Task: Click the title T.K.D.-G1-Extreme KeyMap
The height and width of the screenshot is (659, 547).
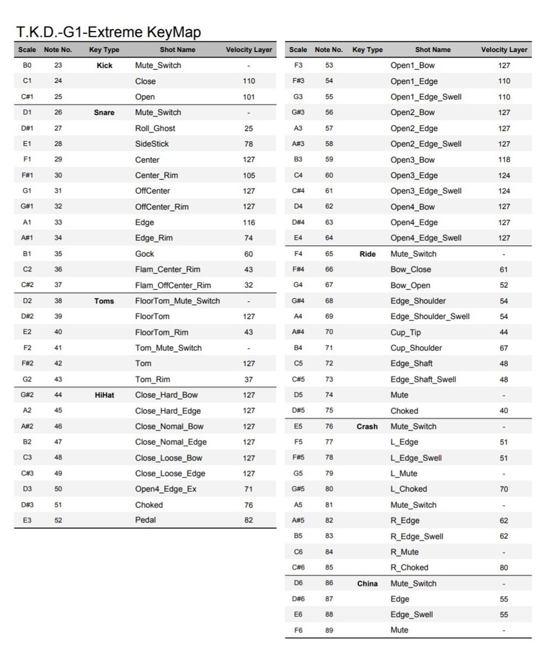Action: (x=108, y=32)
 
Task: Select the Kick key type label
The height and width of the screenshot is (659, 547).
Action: (x=104, y=66)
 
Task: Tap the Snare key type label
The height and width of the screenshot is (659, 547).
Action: (x=104, y=113)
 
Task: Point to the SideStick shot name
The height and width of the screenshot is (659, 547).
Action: (x=152, y=144)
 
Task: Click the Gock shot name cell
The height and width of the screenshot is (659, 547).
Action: (x=145, y=254)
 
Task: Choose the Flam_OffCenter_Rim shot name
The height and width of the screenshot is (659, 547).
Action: (x=173, y=285)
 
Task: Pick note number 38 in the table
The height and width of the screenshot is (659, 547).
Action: (x=58, y=301)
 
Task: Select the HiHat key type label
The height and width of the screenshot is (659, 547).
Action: (x=104, y=395)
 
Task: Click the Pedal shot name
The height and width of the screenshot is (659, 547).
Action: (x=145, y=520)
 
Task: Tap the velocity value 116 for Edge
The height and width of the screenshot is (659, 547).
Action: (x=248, y=222)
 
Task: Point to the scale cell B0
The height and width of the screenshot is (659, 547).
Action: (x=27, y=66)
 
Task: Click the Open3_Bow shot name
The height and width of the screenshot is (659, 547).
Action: (x=413, y=160)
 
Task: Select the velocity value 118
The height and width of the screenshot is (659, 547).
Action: (x=504, y=160)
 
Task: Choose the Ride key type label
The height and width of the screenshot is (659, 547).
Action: (x=367, y=254)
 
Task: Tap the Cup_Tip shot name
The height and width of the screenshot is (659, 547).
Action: (x=405, y=332)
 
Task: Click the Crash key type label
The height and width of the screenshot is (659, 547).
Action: (x=367, y=427)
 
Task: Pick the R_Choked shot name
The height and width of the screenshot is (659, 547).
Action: (x=409, y=568)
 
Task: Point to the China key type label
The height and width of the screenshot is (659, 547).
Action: (x=367, y=584)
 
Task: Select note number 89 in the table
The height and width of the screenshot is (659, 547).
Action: (x=329, y=631)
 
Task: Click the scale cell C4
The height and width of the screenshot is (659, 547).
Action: (x=298, y=175)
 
